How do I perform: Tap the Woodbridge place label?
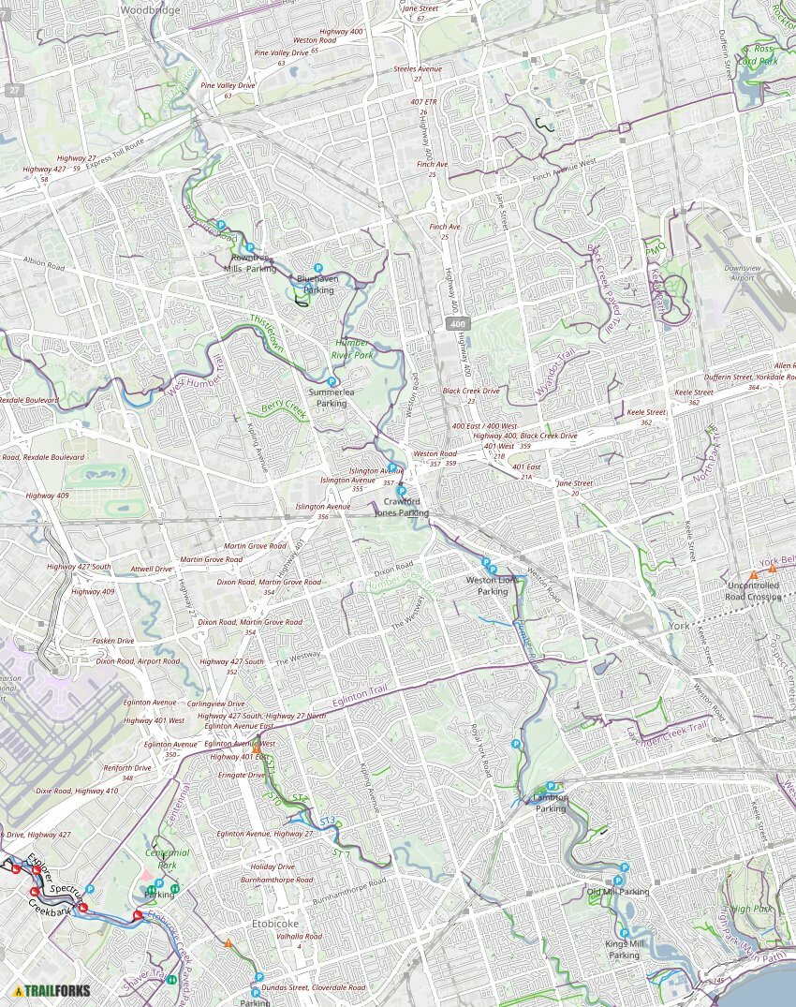(x=151, y=9)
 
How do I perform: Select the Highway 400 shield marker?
(x=457, y=324)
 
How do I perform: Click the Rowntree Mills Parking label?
(x=250, y=263)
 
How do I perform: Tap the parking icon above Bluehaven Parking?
(x=318, y=268)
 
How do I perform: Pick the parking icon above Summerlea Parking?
(x=332, y=382)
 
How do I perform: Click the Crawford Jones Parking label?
(x=402, y=507)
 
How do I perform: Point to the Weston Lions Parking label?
(x=493, y=585)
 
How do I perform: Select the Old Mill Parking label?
(x=618, y=892)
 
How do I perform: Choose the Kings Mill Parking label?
(x=625, y=949)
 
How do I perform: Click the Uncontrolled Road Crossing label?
(x=753, y=591)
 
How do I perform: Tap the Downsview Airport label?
(x=744, y=273)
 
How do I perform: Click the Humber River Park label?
(x=353, y=349)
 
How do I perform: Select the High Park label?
(x=749, y=909)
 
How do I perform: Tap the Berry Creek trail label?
(x=284, y=409)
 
